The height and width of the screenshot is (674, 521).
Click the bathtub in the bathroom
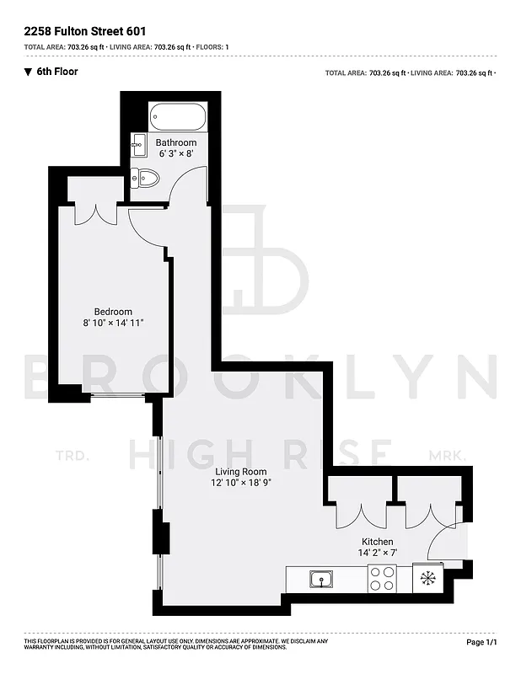(177, 116)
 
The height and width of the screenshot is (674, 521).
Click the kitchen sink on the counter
(320, 579)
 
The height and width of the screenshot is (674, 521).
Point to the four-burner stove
(382, 579)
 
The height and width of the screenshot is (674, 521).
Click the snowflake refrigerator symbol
(428, 578)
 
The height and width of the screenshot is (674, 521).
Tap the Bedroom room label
(112, 312)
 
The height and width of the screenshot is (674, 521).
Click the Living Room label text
(240, 472)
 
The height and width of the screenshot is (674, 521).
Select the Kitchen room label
(377, 542)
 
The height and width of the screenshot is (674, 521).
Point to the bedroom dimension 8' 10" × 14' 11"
(113, 324)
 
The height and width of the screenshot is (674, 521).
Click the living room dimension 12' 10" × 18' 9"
(241, 484)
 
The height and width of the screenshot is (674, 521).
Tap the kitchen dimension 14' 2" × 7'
(379, 554)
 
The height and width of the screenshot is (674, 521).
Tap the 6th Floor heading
(57, 72)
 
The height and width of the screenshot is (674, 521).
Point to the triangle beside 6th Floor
(28, 72)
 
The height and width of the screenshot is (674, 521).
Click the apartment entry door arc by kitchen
(443, 543)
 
